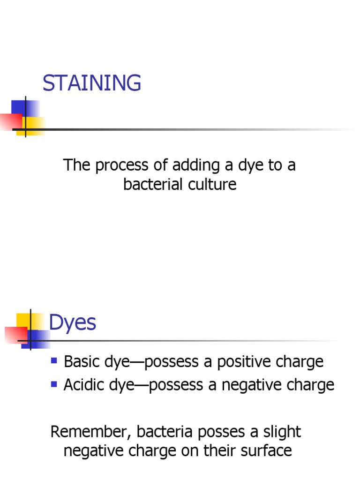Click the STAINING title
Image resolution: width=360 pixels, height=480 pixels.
[x=91, y=83]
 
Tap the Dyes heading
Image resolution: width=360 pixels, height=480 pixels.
[x=73, y=323]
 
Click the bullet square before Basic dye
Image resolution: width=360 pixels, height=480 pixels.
[x=54, y=361]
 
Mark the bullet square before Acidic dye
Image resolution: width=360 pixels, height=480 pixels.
[x=54, y=384]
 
